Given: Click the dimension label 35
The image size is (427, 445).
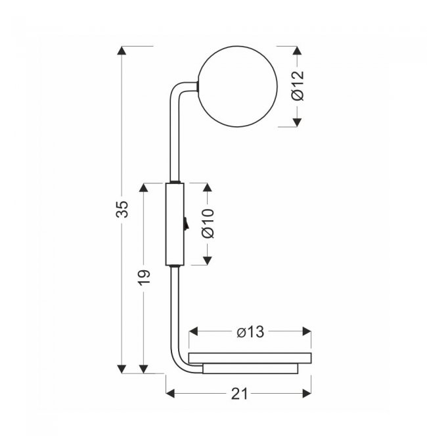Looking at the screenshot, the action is click(122, 209).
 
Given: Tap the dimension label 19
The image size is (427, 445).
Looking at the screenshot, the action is click(144, 277).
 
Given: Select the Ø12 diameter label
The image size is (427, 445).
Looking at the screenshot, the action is click(298, 85).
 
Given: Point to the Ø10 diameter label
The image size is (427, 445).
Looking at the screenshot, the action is click(208, 223).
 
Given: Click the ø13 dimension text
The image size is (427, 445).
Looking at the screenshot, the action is click(250, 332).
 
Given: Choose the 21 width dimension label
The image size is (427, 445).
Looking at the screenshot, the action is click(239, 394).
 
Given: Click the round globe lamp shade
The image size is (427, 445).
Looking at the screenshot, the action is click(238, 86).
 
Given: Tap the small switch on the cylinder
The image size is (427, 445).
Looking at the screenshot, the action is click(185, 223).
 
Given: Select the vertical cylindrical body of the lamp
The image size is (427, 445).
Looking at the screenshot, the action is click(175, 224).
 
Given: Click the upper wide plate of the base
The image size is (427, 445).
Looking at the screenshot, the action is click(250, 358).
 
